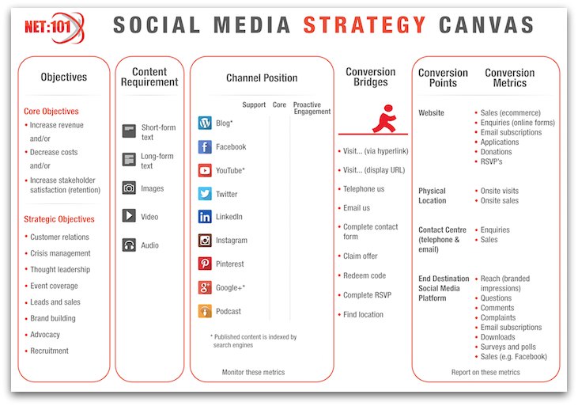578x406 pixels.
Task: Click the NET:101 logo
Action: pyautogui.click(x=55, y=28)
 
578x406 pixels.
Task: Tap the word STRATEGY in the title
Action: pyautogui.click(x=365, y=25)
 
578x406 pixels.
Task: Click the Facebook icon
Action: pyautogui.click(x=205, y=147)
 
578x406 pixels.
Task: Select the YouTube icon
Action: pyautogui.click(x=205, y=170)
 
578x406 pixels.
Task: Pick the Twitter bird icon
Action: pyautogui.click(x=205, y=194)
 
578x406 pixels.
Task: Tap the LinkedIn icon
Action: pyautogui.click(x=205, y=217)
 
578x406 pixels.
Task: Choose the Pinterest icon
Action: pyautogui.click(x=205, y=264)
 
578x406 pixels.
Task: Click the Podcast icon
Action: pyautogui.click(x=205, y=311)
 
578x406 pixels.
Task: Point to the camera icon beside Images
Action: pyautogui.click(x=129, y=188)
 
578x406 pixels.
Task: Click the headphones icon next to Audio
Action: pyautogui.click(x=129, y=245)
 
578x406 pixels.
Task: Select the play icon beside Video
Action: pyautogui.click(x=129, y=215)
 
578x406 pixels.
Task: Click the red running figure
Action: pyautogui.click(x=384, y=119)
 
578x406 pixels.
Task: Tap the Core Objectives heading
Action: pyautogui.click(x=51, y=111)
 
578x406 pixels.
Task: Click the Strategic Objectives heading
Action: pyautogui.click(x=59, y=219)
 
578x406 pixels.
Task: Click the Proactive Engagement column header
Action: pyautogui.click(x=312, y=108)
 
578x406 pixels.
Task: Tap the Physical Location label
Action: pyautogui.click(x=432, y=195)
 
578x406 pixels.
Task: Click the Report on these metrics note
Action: pyautogui.click(x=485, y=373)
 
